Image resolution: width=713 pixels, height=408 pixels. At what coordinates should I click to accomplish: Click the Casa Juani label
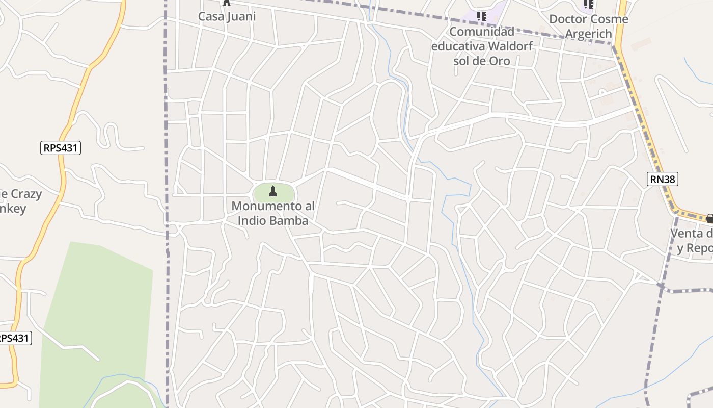[x=227, y=16]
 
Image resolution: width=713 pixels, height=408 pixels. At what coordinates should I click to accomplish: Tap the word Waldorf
[x=510, y=46]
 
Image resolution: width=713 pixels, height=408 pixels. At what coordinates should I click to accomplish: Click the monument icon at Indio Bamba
[x=273, y=191]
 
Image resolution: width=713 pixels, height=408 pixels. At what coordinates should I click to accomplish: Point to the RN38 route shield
[x=663, y=179]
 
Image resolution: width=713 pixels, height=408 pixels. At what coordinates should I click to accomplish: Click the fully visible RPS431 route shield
[x=61, y=148]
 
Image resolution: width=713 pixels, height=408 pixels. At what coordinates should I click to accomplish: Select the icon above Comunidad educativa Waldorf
[x=481, y=16]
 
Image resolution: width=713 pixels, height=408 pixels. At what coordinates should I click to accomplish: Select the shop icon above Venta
[x=709, y=218]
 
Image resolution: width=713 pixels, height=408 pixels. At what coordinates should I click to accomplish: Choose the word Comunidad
[x=482, y=32]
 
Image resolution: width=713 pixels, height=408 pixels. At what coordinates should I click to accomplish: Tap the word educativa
[x=458, y=46]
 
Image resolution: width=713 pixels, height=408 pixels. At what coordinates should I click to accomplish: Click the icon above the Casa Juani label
[x=227, y=3]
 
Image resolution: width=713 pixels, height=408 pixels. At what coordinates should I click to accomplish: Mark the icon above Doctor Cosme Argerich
[x=589, y=5]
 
